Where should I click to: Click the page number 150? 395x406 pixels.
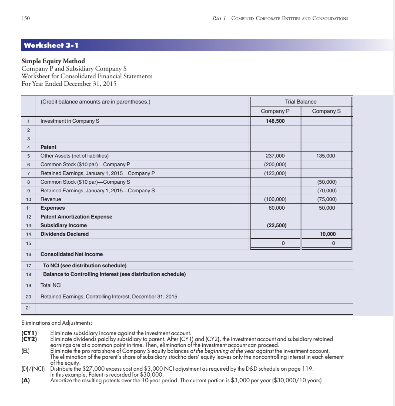pos(26,18)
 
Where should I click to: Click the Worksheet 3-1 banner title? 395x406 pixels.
pos(51,45)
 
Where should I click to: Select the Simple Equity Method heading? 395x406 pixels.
pos(53,61)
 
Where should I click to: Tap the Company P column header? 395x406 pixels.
pos(275,111)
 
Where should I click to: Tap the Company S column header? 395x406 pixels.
pos(326,111)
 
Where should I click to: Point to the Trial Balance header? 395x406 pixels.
pos(300,102)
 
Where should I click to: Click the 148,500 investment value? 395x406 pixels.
pos(275,121)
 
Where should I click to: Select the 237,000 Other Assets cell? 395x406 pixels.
pos(275,156)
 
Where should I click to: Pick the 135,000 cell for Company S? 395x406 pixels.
pos(326,156)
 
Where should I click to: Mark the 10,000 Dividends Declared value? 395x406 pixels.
pos(327,234)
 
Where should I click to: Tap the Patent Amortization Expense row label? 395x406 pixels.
pos(76,217)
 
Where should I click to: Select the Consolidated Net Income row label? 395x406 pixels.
pos(72,254)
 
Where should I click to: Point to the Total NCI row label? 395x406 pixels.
pos(51,285)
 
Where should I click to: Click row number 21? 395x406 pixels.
pos(28,308)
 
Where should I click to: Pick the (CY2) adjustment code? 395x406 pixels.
pos(29,339)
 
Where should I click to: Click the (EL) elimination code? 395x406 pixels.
pos(26,351)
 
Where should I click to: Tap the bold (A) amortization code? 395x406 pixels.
pos(26,381)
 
